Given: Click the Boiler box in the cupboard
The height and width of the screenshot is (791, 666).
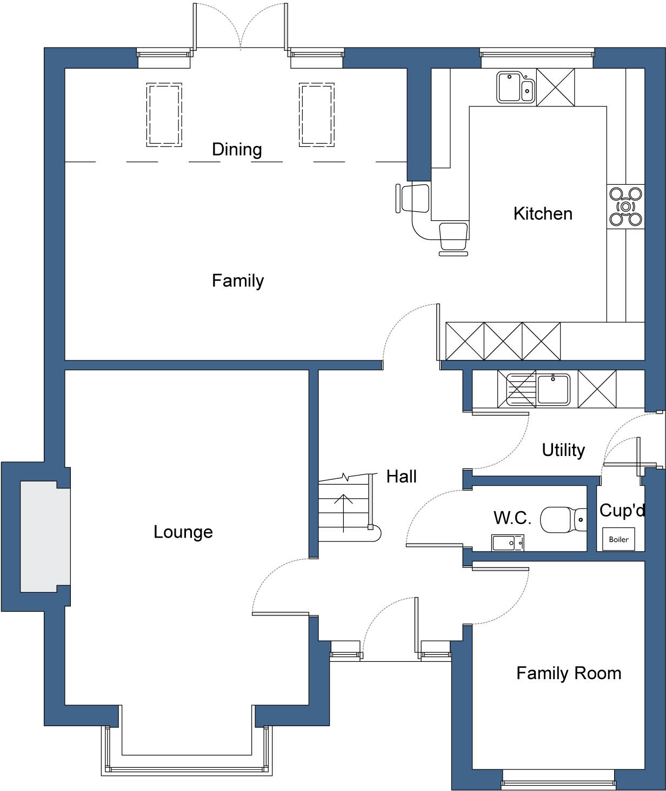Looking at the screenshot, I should click(618, 539).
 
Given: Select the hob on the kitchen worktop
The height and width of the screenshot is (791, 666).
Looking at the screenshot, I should click(625, 206).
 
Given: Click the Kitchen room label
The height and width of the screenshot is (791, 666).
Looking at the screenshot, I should click(543, 213).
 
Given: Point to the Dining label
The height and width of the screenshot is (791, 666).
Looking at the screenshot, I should click(237, 149).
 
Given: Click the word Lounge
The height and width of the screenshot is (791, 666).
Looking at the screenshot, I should click(183, 532).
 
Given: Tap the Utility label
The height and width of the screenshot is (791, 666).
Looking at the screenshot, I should click(563, 450).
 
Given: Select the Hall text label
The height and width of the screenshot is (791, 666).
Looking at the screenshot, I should click(401, 477).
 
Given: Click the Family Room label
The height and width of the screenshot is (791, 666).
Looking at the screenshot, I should click(569, 673).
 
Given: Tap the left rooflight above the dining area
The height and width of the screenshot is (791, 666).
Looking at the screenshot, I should click(164, 115).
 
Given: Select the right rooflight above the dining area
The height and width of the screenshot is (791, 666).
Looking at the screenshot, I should click(316, 115).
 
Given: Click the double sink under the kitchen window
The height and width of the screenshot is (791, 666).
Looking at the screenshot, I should click(515, 88).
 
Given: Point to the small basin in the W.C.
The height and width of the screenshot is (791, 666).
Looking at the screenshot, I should click(507, 542).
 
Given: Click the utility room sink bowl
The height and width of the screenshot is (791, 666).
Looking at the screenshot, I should click(552, 389).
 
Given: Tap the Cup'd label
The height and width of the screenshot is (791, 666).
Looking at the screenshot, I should click(622, 510).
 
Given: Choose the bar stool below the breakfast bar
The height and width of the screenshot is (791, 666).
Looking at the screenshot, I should click(454, 238).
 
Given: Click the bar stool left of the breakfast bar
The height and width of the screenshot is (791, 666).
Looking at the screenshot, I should click(414, 198).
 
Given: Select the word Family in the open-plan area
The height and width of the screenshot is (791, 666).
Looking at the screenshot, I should click(238, 280).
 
